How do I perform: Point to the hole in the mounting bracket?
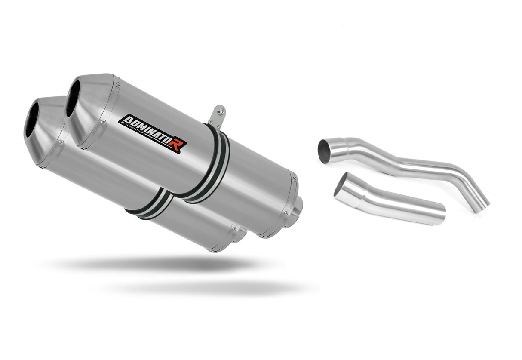coord(221,111)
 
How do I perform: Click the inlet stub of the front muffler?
coord(240,234)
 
